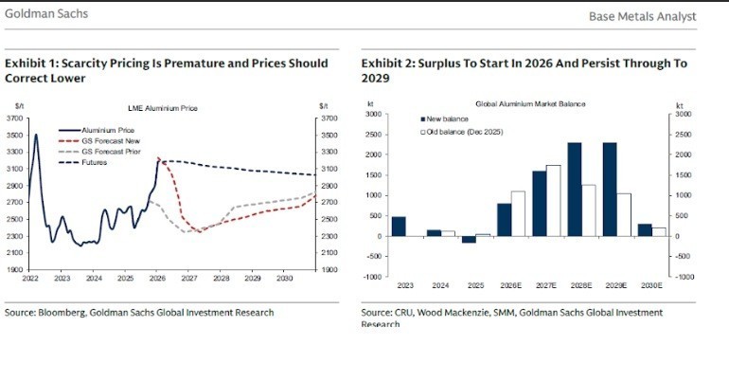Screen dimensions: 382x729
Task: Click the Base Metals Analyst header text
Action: point(642,16)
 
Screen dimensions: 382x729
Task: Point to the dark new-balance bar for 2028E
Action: point(574,190)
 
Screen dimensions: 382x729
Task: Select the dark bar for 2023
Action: point(398,227)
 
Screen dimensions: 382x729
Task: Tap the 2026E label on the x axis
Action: point(510,285)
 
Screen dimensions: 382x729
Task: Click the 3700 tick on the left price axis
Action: point(16,118)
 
